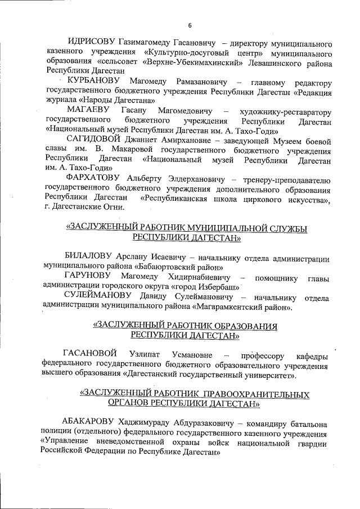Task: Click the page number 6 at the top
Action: coord(190,25)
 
